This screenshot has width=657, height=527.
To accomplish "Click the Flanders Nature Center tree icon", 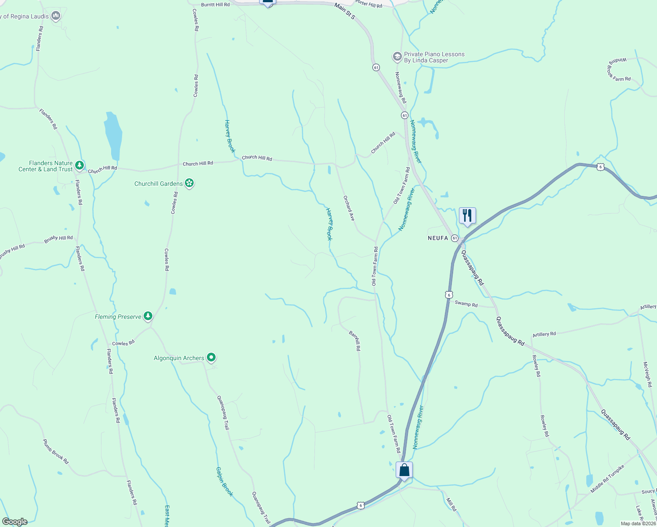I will (x=79, y=166).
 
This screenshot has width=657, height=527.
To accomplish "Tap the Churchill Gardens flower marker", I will (x=189, y=183).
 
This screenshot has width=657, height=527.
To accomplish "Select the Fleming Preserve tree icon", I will (x=148, y=316).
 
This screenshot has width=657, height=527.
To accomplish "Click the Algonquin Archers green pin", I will (x=211, y=357).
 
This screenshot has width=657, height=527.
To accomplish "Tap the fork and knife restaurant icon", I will (x=467, y=216).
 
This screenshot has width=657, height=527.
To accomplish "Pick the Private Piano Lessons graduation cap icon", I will (x=397, y=57).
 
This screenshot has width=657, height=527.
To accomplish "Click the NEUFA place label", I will (x=438, y=238).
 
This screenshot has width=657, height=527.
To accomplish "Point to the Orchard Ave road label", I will (x=349, y=208).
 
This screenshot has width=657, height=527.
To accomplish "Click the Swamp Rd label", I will (x=466, y=303).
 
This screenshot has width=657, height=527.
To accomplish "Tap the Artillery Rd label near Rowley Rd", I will (x=544, y=334).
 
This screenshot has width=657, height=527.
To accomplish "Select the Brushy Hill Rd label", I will (x=58, y=238).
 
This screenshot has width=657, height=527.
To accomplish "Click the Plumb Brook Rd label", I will (x=56, y=451).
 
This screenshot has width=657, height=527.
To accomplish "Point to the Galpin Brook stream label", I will (x=224, y=481).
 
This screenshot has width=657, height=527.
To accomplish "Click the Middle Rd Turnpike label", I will (x=607, y=479).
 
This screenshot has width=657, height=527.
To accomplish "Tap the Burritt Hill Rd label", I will (x=215, y=4).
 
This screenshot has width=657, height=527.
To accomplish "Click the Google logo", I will (x=14, y=522).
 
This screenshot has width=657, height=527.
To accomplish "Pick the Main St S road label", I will (x=344, y=11).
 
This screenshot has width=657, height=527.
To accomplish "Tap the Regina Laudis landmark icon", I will (x=55, y=16).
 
